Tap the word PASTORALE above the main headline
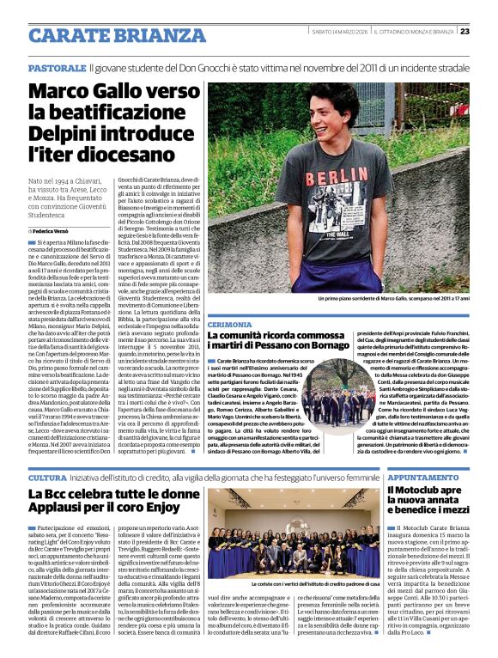tap(56, 67)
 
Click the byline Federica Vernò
tap(54, 232)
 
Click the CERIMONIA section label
tap(229, 326)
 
